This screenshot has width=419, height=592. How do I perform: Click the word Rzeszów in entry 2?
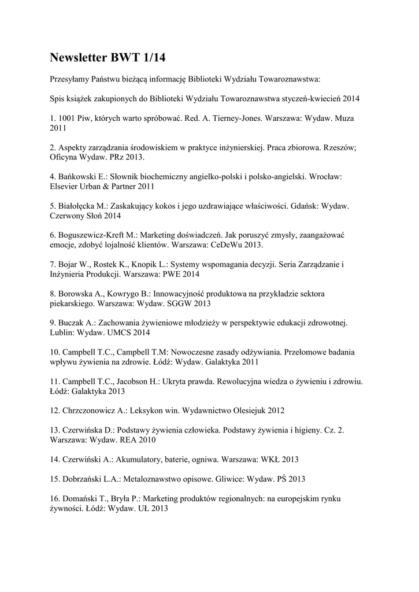(341, 147)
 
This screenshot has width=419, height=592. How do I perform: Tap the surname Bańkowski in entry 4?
(77, 176)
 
